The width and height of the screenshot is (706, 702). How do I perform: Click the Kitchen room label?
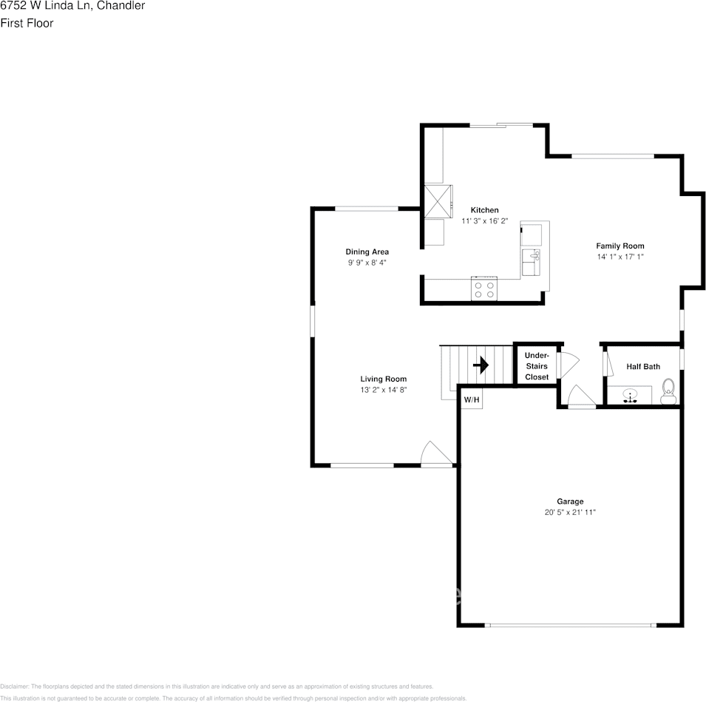[x=484, y=210]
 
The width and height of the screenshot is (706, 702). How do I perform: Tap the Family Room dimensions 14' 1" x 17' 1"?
[x=620, y=257]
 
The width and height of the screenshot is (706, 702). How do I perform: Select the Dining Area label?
[x=367, y=252]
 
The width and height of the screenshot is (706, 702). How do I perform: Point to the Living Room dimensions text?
[x=383, y=390]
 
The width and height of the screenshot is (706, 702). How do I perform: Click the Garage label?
[x=570, y=501]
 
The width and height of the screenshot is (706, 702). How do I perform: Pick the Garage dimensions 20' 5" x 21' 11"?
[x=570, y=512]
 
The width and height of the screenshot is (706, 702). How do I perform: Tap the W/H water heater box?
[x=472, y=400]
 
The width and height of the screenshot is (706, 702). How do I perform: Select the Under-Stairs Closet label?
[x=537, y=366]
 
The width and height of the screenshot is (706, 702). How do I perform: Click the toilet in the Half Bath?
[x=668, y=390]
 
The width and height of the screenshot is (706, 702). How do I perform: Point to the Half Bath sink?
[x=631, y=395]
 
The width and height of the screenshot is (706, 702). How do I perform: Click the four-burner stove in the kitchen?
[x=484, y=289]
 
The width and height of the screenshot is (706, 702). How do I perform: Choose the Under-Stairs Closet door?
[x=568, y=365]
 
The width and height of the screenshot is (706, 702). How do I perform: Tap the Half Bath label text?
[x=643, y=366]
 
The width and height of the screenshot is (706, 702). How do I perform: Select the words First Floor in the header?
[x=27, y=24]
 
